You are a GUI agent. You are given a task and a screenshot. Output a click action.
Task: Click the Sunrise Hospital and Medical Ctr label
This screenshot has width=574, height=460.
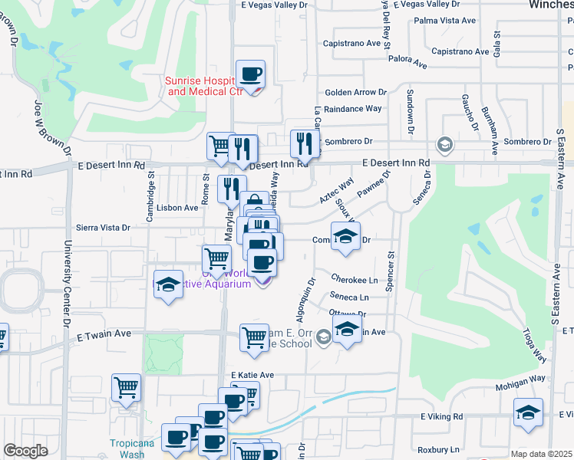pyautogui.click(x=204, y=86)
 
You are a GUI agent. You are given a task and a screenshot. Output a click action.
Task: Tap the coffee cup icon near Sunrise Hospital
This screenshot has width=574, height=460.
pyautogui.click(x=251, y=75)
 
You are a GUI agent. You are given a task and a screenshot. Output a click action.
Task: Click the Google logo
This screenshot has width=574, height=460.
pyautogui.click(x=26, y=451)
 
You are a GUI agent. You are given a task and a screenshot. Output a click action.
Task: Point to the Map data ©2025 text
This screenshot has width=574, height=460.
pyautogui.click(x=542, y=454)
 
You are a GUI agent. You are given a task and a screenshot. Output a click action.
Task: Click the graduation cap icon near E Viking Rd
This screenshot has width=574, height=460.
pyautogui.click(x=528, y=413)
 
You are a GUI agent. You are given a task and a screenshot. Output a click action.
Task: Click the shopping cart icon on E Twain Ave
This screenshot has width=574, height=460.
pyautogui.click(x=254, y=337)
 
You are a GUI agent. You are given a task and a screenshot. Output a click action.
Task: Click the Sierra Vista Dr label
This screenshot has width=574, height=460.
pyautogui.click(x=103, y=228)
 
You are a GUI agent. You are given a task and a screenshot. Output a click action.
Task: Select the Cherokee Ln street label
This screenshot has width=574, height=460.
pyautogui.click(x=355, y=280)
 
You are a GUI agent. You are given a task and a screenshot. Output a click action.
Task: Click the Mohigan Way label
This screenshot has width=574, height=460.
pyautogui.click(x=519, y=378)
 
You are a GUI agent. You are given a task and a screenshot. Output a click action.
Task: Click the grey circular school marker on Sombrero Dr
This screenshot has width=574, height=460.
pyautogui.click(x=444, y=143)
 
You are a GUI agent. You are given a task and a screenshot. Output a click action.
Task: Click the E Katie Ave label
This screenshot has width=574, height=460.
pyautogui.click(x=252, y=375)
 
